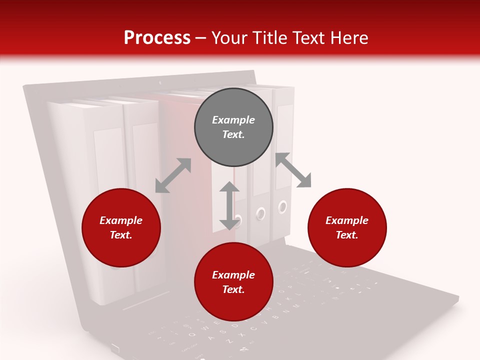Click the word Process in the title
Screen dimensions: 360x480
coord(157,38)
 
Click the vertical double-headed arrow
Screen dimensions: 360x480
coord(229,205)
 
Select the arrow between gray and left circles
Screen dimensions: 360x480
coord(173,175)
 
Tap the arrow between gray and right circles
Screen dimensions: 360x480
coord(293,170)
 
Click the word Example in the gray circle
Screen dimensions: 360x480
coord(233,120)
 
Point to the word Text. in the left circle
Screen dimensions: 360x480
coord(121,235)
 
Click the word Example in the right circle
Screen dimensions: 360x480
coord(347,220)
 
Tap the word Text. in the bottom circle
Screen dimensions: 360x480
coord(233,289)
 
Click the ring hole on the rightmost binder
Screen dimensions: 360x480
coord(283,206)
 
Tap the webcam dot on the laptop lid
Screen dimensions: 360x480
coord(160,82)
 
